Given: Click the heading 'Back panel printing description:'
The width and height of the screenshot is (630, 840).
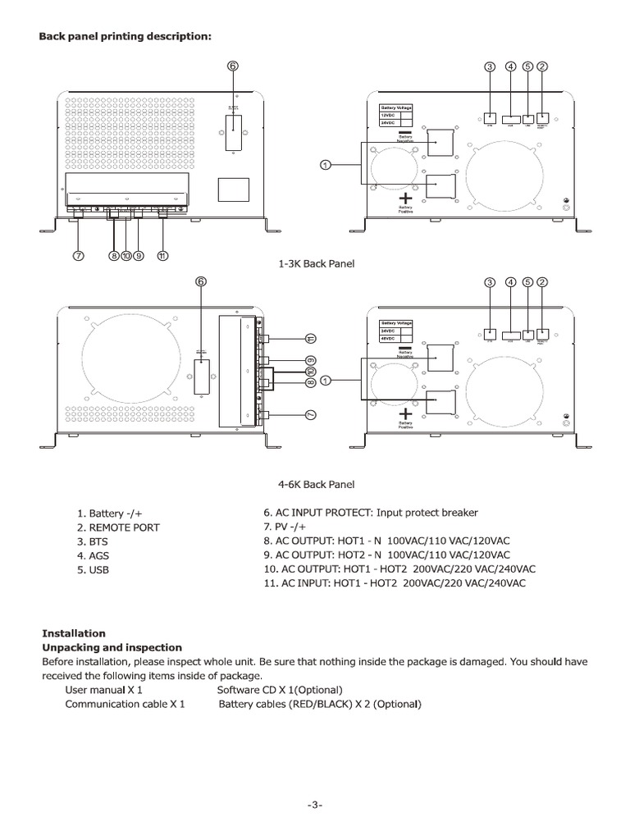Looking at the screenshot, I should tap(126, 37).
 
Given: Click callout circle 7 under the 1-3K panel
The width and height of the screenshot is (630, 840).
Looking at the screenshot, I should tap(80, 255).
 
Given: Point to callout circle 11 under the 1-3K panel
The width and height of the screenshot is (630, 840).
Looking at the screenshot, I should tap(162, 255).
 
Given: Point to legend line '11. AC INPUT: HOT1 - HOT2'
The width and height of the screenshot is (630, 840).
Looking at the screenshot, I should tap(394, 583).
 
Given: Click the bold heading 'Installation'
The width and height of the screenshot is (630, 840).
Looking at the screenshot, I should tap(74, 633).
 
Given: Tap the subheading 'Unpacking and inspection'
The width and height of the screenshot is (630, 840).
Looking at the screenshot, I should tap(112, 647).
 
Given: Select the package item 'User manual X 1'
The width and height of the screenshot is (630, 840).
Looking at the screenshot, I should tap(104, 690).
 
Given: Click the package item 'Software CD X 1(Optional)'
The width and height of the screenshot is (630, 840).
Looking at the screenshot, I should tap(280, 690).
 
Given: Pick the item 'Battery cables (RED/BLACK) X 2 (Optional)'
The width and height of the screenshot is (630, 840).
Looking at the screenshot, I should tap(319, 704).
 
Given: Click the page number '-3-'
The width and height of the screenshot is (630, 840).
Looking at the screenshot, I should tap(315, 805).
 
